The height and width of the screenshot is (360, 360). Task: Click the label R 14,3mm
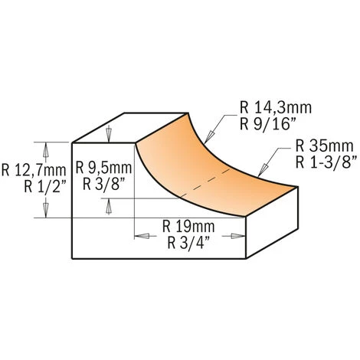(x=276, y=108)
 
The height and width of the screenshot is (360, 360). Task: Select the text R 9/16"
(x=268, y=124)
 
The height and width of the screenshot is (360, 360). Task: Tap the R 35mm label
(x=324, y=146)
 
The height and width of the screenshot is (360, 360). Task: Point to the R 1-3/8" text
(x=326, y=162)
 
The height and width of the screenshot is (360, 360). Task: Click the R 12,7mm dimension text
(x=34, y=170)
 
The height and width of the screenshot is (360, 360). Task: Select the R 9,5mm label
(x=103, y=168)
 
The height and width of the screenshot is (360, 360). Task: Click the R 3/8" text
(x=105, y=184)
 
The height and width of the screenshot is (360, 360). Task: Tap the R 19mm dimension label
(x=188, y=226)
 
